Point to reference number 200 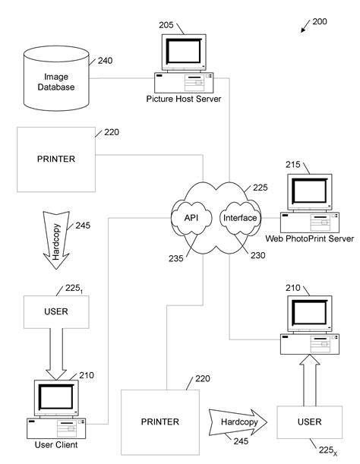point(320,22)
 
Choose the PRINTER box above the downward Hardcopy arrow point(55,160)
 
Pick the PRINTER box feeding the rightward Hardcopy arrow point(160,421)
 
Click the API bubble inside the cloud point(191,218)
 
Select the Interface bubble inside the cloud point(240,218)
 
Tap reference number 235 point(176,257)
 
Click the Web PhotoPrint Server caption point(309,238)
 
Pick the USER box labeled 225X point(308,421)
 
